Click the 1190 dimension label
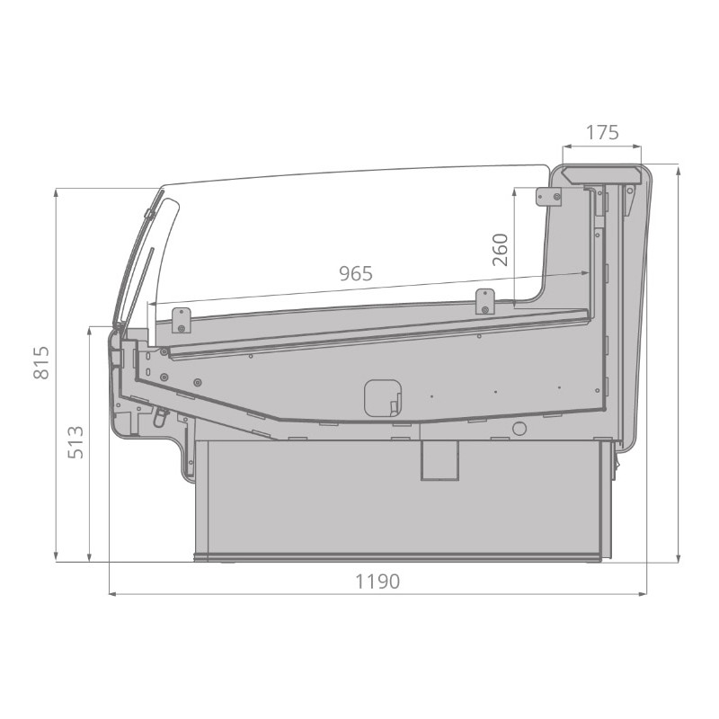coord(377,581)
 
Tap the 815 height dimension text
coord(41,363)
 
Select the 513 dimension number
coord(76,442)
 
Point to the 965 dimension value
coord(356,274)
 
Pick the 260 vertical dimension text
coord(501,250)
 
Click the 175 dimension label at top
coord(602,132)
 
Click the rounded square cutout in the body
coord(383,398)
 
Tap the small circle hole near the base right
coord(519,429)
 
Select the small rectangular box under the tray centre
coord(439,460)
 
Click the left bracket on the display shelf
coord(182,320)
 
